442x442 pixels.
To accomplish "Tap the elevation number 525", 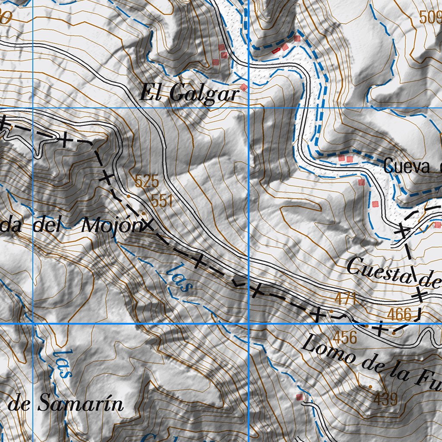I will click(x=147, y=181).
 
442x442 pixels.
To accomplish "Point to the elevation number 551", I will click(x=162, y=200).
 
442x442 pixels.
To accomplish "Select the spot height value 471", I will click(x=345, y=299).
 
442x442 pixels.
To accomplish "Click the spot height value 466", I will click(x=399, y=314).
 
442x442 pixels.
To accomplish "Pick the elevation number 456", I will click(x=345, y=337).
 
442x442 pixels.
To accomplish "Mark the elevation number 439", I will click(x=385, y=399).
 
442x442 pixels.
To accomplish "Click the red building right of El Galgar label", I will click(x=244, y=87).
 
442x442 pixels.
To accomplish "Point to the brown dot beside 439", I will click(x=370, y=386).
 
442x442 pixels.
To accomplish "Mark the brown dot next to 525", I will click(x=128, y=196).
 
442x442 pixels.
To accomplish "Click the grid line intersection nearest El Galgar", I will click(x=249, y=108).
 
